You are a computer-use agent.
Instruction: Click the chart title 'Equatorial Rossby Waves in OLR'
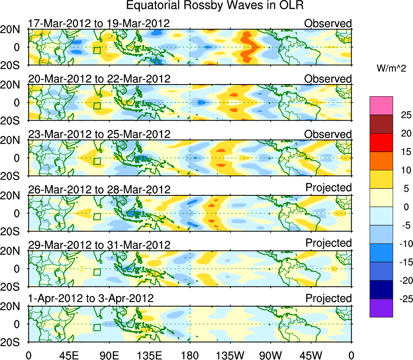click(x=215, y=6)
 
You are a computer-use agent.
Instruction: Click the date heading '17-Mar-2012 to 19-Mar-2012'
click(x=98, y=23)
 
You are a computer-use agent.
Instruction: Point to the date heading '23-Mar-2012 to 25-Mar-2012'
click(x=99, y=134)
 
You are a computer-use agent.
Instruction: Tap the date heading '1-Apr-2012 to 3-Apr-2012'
click(x=91, y=299)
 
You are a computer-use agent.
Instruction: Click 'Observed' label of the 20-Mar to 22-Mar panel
click(x=328, y=79)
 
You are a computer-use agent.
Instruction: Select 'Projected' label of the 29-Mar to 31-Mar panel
click(x=328, y=243)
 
